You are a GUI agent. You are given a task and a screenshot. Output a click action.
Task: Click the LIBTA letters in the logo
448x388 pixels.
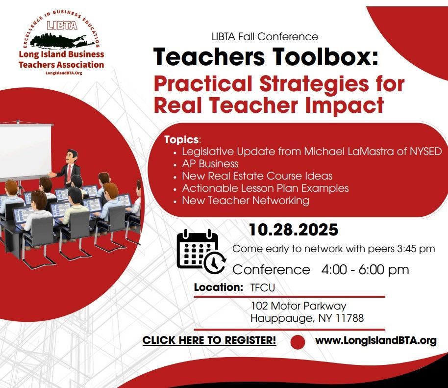(62, 26)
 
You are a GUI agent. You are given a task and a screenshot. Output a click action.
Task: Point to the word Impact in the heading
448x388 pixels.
(344, 106)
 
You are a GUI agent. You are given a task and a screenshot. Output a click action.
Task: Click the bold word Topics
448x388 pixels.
(181, 139)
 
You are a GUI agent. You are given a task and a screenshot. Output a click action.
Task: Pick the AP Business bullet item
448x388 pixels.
(210, 163)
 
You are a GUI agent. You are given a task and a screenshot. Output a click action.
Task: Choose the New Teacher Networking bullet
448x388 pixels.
(246, 201)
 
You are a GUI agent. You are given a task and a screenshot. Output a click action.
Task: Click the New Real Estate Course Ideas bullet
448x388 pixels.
(257, 176)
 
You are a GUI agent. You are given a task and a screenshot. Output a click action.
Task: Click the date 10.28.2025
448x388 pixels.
(294, 230)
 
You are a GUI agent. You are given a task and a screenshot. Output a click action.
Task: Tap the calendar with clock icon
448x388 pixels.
(201, 251)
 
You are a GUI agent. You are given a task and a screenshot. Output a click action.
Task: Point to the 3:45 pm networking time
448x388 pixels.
(416, 249)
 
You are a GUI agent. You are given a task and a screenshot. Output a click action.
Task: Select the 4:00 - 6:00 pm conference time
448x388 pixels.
(365, 269)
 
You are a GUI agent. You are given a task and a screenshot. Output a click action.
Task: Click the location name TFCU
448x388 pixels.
(263, 287)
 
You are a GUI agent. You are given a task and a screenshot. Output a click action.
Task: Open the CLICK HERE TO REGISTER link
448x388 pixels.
(209, 340)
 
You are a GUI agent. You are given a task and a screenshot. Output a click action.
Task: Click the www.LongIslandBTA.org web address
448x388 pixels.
(376, 340)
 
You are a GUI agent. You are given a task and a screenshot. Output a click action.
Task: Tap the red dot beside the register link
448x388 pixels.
(298, 342)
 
